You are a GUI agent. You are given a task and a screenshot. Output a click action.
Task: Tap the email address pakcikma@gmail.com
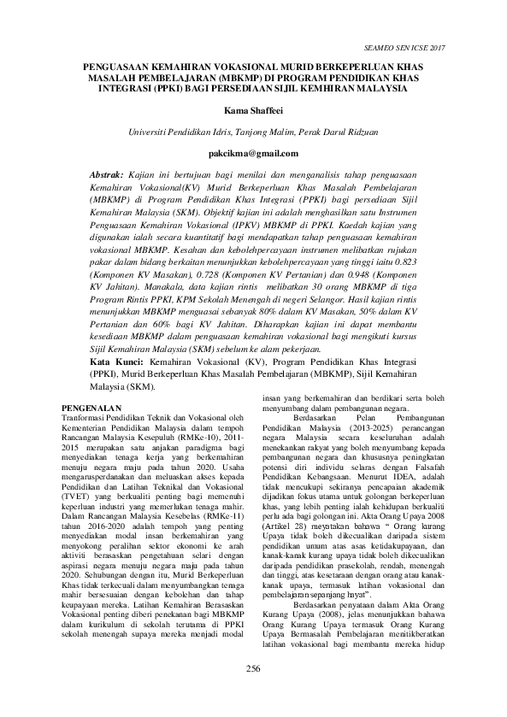coord(253,154)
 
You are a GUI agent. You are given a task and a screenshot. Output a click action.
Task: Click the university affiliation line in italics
coord(253,132)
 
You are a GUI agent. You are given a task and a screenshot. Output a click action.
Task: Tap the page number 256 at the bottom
coord(253,691)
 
